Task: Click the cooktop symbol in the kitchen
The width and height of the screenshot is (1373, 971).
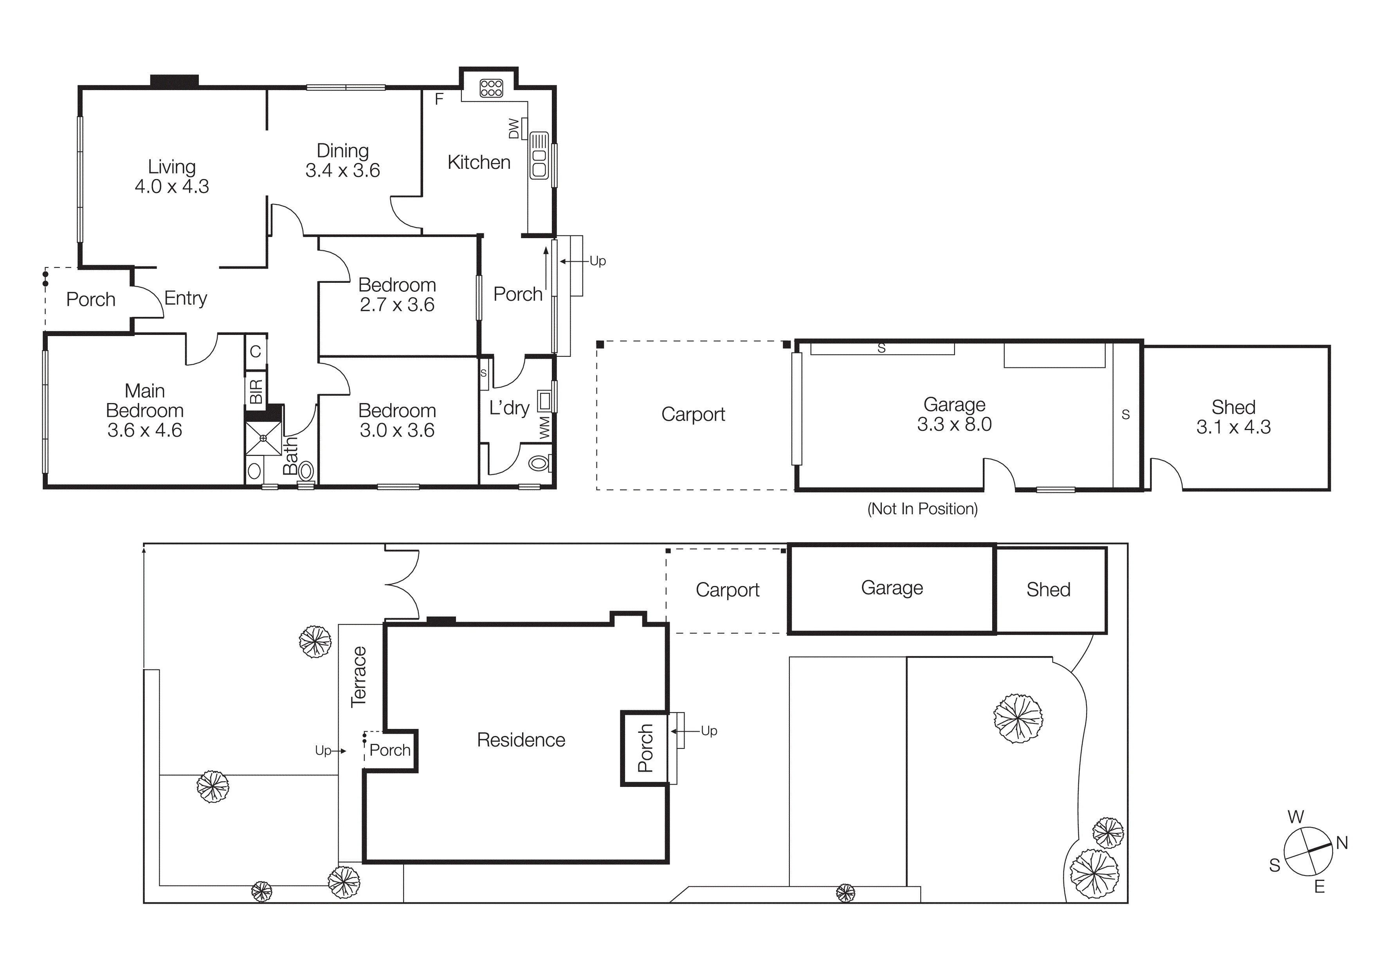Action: click(x=491, y=89)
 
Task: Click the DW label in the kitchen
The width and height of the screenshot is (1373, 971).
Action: click(x=514, y=128)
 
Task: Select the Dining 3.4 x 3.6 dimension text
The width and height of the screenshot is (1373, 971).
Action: click(x=342, y=170)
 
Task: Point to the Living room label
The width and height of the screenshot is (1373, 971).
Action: click(x=171, y=166)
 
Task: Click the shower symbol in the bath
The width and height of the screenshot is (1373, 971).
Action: click(x=263, y=438)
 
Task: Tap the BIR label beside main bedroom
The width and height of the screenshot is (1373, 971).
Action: click(x=255, y=392)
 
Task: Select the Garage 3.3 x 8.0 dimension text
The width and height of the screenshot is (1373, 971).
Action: click(x=954, y=424)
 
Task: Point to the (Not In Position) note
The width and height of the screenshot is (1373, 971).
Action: click(x=922, y=508)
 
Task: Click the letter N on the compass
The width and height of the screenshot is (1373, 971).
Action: click(x=1342, y=843)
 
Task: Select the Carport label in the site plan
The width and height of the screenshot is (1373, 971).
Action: click(x=727, y=590)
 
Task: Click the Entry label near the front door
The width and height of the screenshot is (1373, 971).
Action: click(x=186, y=298)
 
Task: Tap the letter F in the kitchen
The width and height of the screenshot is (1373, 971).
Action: click(x=439, y=99)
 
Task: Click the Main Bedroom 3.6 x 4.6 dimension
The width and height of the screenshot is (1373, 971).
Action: click(x=145, y=430)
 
